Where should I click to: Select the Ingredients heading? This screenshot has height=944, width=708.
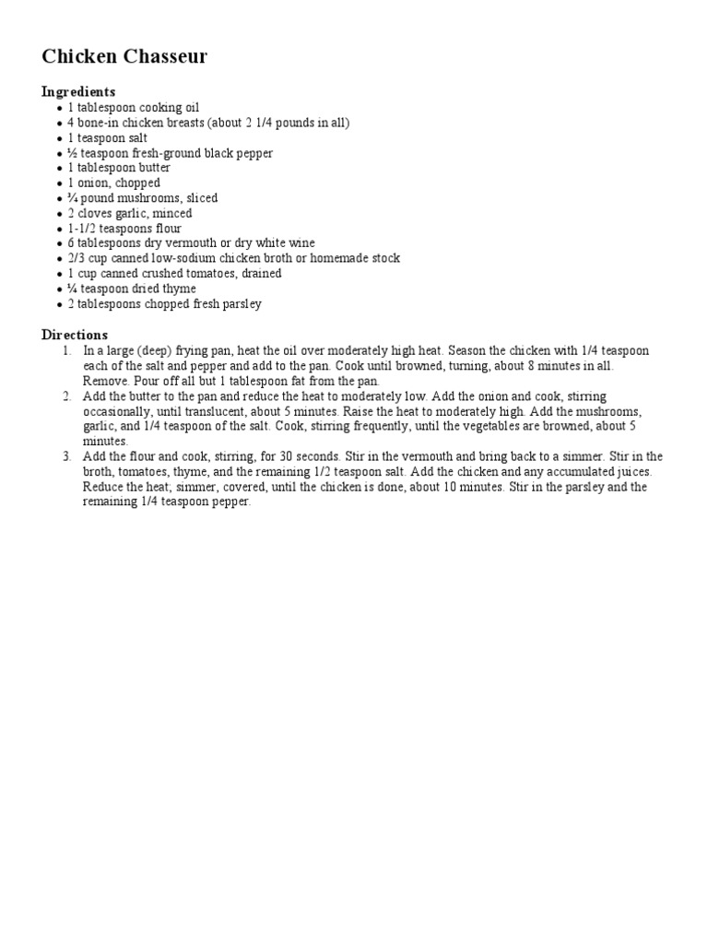coord(78,91)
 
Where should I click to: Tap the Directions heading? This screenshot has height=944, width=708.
coord(75,335)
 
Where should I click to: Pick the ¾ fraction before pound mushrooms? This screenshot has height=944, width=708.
coord(72,198)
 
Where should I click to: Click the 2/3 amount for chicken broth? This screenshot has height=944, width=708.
coord(75,258)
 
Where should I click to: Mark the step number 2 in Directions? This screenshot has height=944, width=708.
coord(66,396)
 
